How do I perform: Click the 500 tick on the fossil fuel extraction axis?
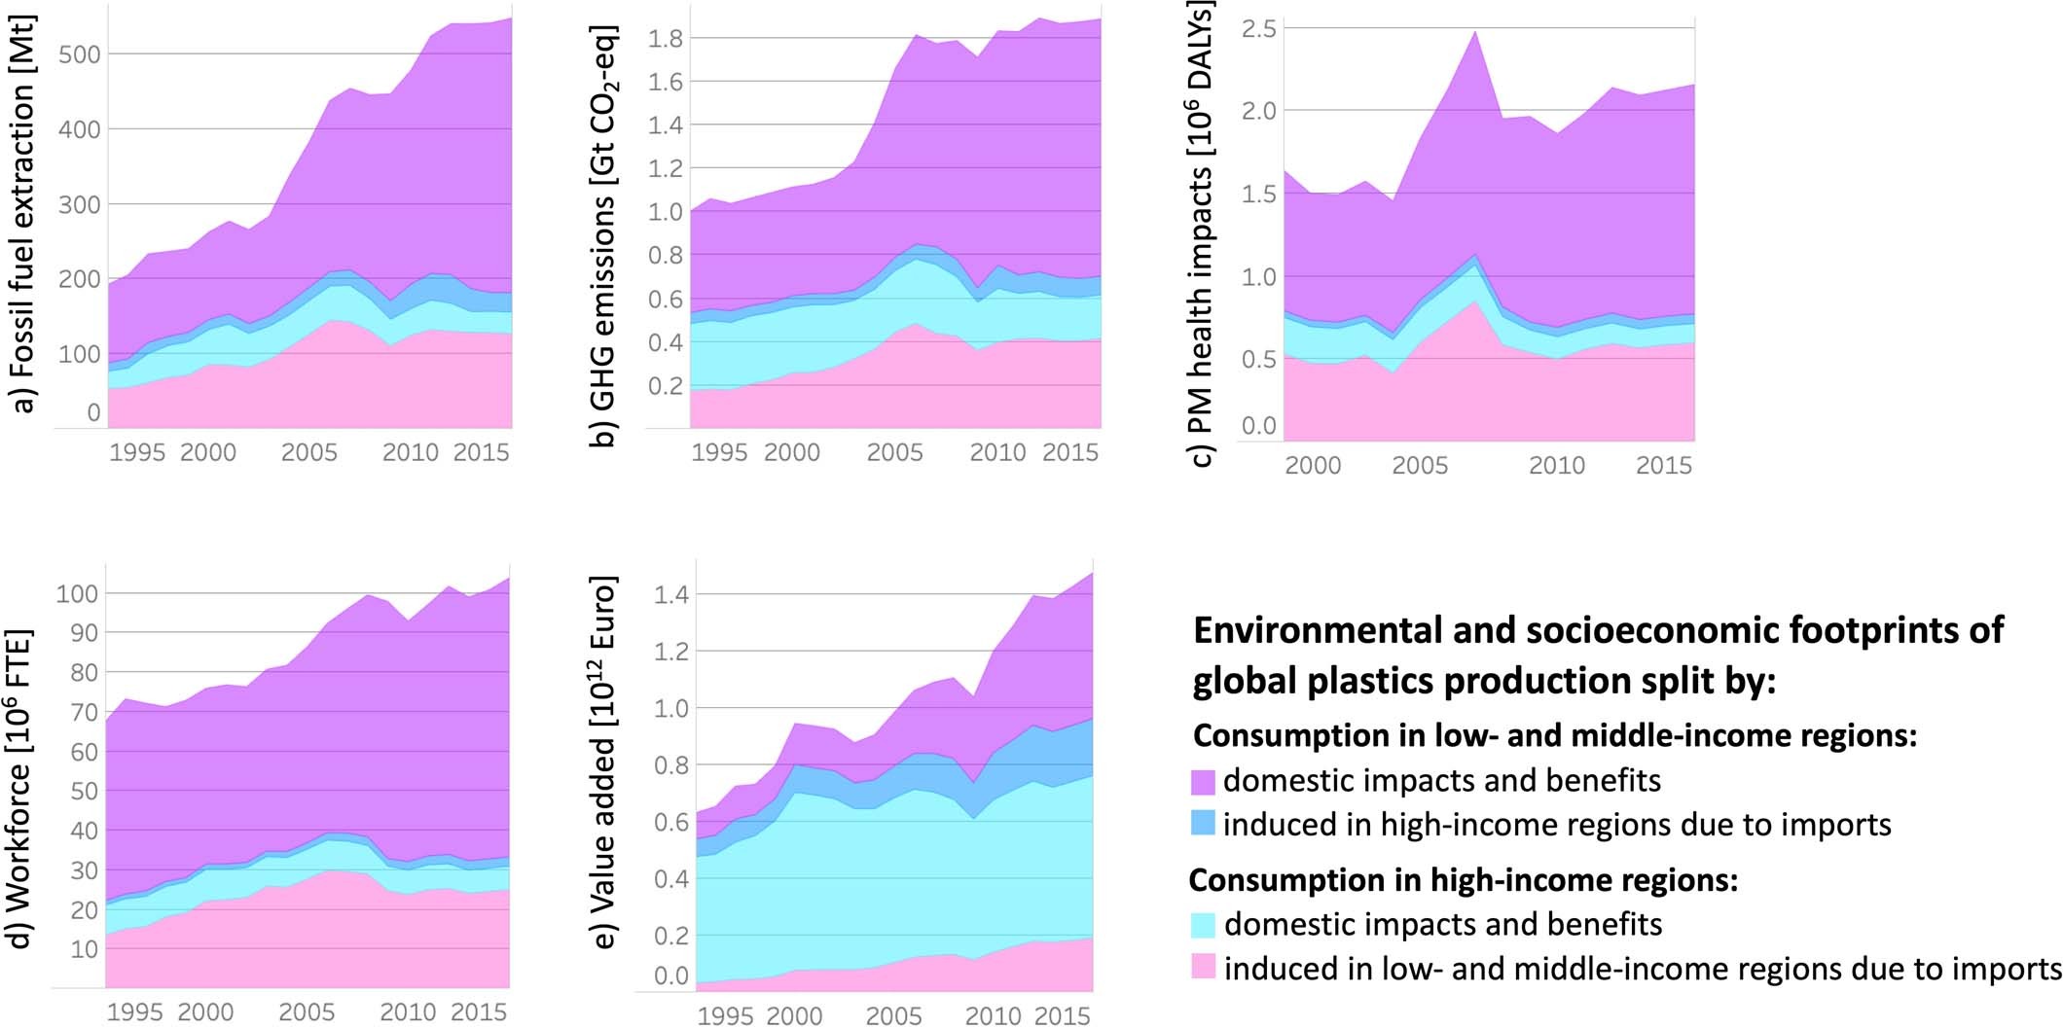click(x=80, y=54)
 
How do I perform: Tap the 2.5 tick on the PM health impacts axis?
click(x=1258, y=29)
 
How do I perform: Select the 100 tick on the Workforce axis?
click(x=76, y=593)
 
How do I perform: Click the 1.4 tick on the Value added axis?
click(x=670, y=594)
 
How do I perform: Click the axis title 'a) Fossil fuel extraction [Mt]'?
click(x=24, y=214)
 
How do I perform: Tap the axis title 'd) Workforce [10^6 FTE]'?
click(x=22, y=788)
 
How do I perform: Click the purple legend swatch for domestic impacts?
click(x=1203, y=782)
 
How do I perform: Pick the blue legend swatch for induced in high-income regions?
click(x=1203, y=825)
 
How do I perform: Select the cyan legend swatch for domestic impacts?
click(x=1203, y=925)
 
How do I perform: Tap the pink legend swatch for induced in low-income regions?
click(x=1203, y=968)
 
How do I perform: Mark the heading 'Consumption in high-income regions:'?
click(x=1463, y=880)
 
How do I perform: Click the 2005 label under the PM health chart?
click(x=1419, y=466)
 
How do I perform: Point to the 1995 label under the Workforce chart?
click(x=134, y=1012)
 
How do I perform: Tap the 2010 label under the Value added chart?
click(x=994, y=1016)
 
